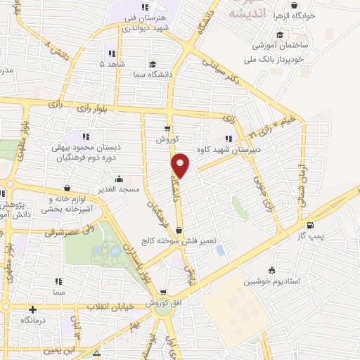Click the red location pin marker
click(x=180, y=165)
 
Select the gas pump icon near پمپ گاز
click(x=310, y=226)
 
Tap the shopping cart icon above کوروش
click(x=167, y=128)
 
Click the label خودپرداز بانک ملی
click(x=281, y=59)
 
